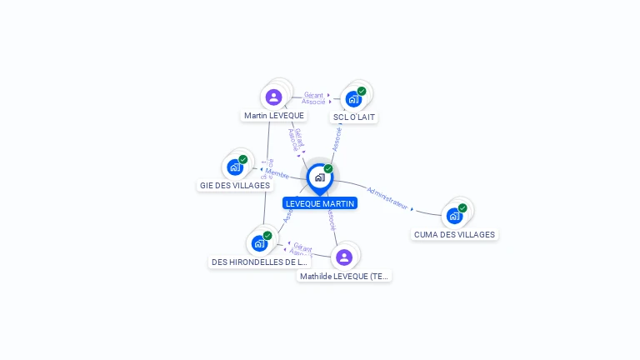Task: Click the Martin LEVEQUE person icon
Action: click(x=274, y=97)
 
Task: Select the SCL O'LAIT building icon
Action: click(x=353, y=99)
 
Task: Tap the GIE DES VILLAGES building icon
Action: click(x=235, y=167)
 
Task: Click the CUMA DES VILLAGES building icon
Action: click(x=454, y=215)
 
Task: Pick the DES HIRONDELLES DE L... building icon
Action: click(x=259, y=243)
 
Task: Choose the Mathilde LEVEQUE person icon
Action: click(x=344, y=257)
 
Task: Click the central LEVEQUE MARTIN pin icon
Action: click(x=319, y=177)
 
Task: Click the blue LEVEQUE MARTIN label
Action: click(x=320, y=203)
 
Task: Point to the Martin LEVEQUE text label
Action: click(x=274, y=116)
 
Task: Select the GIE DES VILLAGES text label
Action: click(x=235, y=185)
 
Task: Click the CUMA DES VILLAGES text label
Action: click(x=455, y=235)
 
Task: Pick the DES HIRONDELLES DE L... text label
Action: click(x=259, y=262)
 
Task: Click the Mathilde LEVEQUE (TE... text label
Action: click(x=344, y=276)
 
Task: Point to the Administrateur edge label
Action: click(x=387, y=197)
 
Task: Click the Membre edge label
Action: click(x=277, y=174)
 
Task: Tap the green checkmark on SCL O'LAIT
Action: click(x=362, y=91)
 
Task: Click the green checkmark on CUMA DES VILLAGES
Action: click(x=462, y=207)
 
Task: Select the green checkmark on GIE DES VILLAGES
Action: click(x=243, y=159)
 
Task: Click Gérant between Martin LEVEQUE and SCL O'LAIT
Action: click(x=313, y=95)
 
